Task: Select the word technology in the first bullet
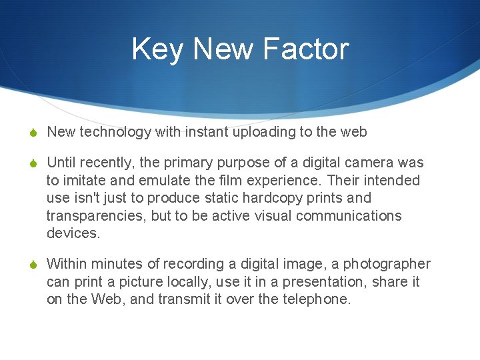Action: (x=115, y=132)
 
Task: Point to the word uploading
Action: (x=265, y=132)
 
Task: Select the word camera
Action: (x=371, y=163)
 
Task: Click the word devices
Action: (x=72, y=233)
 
